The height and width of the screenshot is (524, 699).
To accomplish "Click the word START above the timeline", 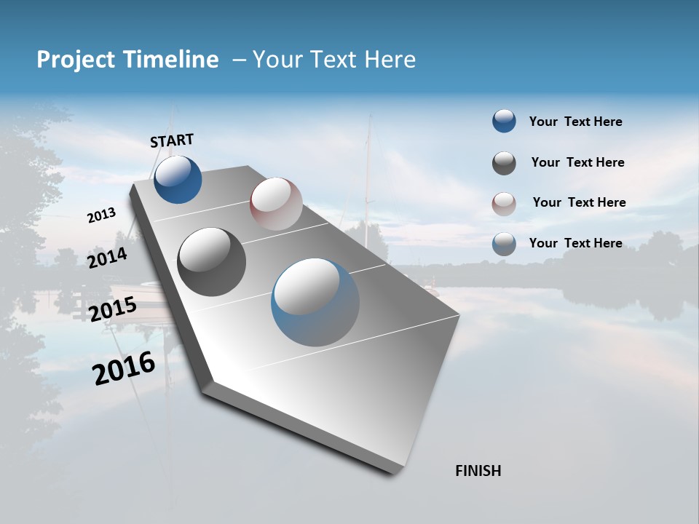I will (172, 140).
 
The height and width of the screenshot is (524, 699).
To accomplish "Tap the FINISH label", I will (478, 471).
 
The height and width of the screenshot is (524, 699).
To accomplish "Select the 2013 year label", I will (101, 215).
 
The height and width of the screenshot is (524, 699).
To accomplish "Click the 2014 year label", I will (107, 258).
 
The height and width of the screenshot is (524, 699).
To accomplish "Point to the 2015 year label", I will (112, 309).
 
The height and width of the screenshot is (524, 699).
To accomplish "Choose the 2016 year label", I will (124, 368).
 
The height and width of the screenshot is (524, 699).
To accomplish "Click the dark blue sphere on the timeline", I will (178, 179).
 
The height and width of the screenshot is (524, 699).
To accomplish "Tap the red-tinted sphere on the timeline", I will (276, 204).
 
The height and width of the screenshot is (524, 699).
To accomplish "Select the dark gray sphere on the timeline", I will (212, 262).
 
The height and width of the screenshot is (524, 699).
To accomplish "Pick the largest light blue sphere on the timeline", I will (315, 302).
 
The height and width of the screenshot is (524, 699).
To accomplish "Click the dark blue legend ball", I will (504, 121).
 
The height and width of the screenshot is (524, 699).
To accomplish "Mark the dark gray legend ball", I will (504, 163).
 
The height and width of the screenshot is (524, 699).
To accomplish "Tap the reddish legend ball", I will (504, 204).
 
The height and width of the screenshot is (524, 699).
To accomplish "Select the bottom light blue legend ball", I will (504, 244).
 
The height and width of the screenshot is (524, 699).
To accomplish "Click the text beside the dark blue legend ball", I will (575, 122).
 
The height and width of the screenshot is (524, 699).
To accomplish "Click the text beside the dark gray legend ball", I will (577, 162).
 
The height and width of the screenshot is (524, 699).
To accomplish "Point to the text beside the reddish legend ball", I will (579, 202).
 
